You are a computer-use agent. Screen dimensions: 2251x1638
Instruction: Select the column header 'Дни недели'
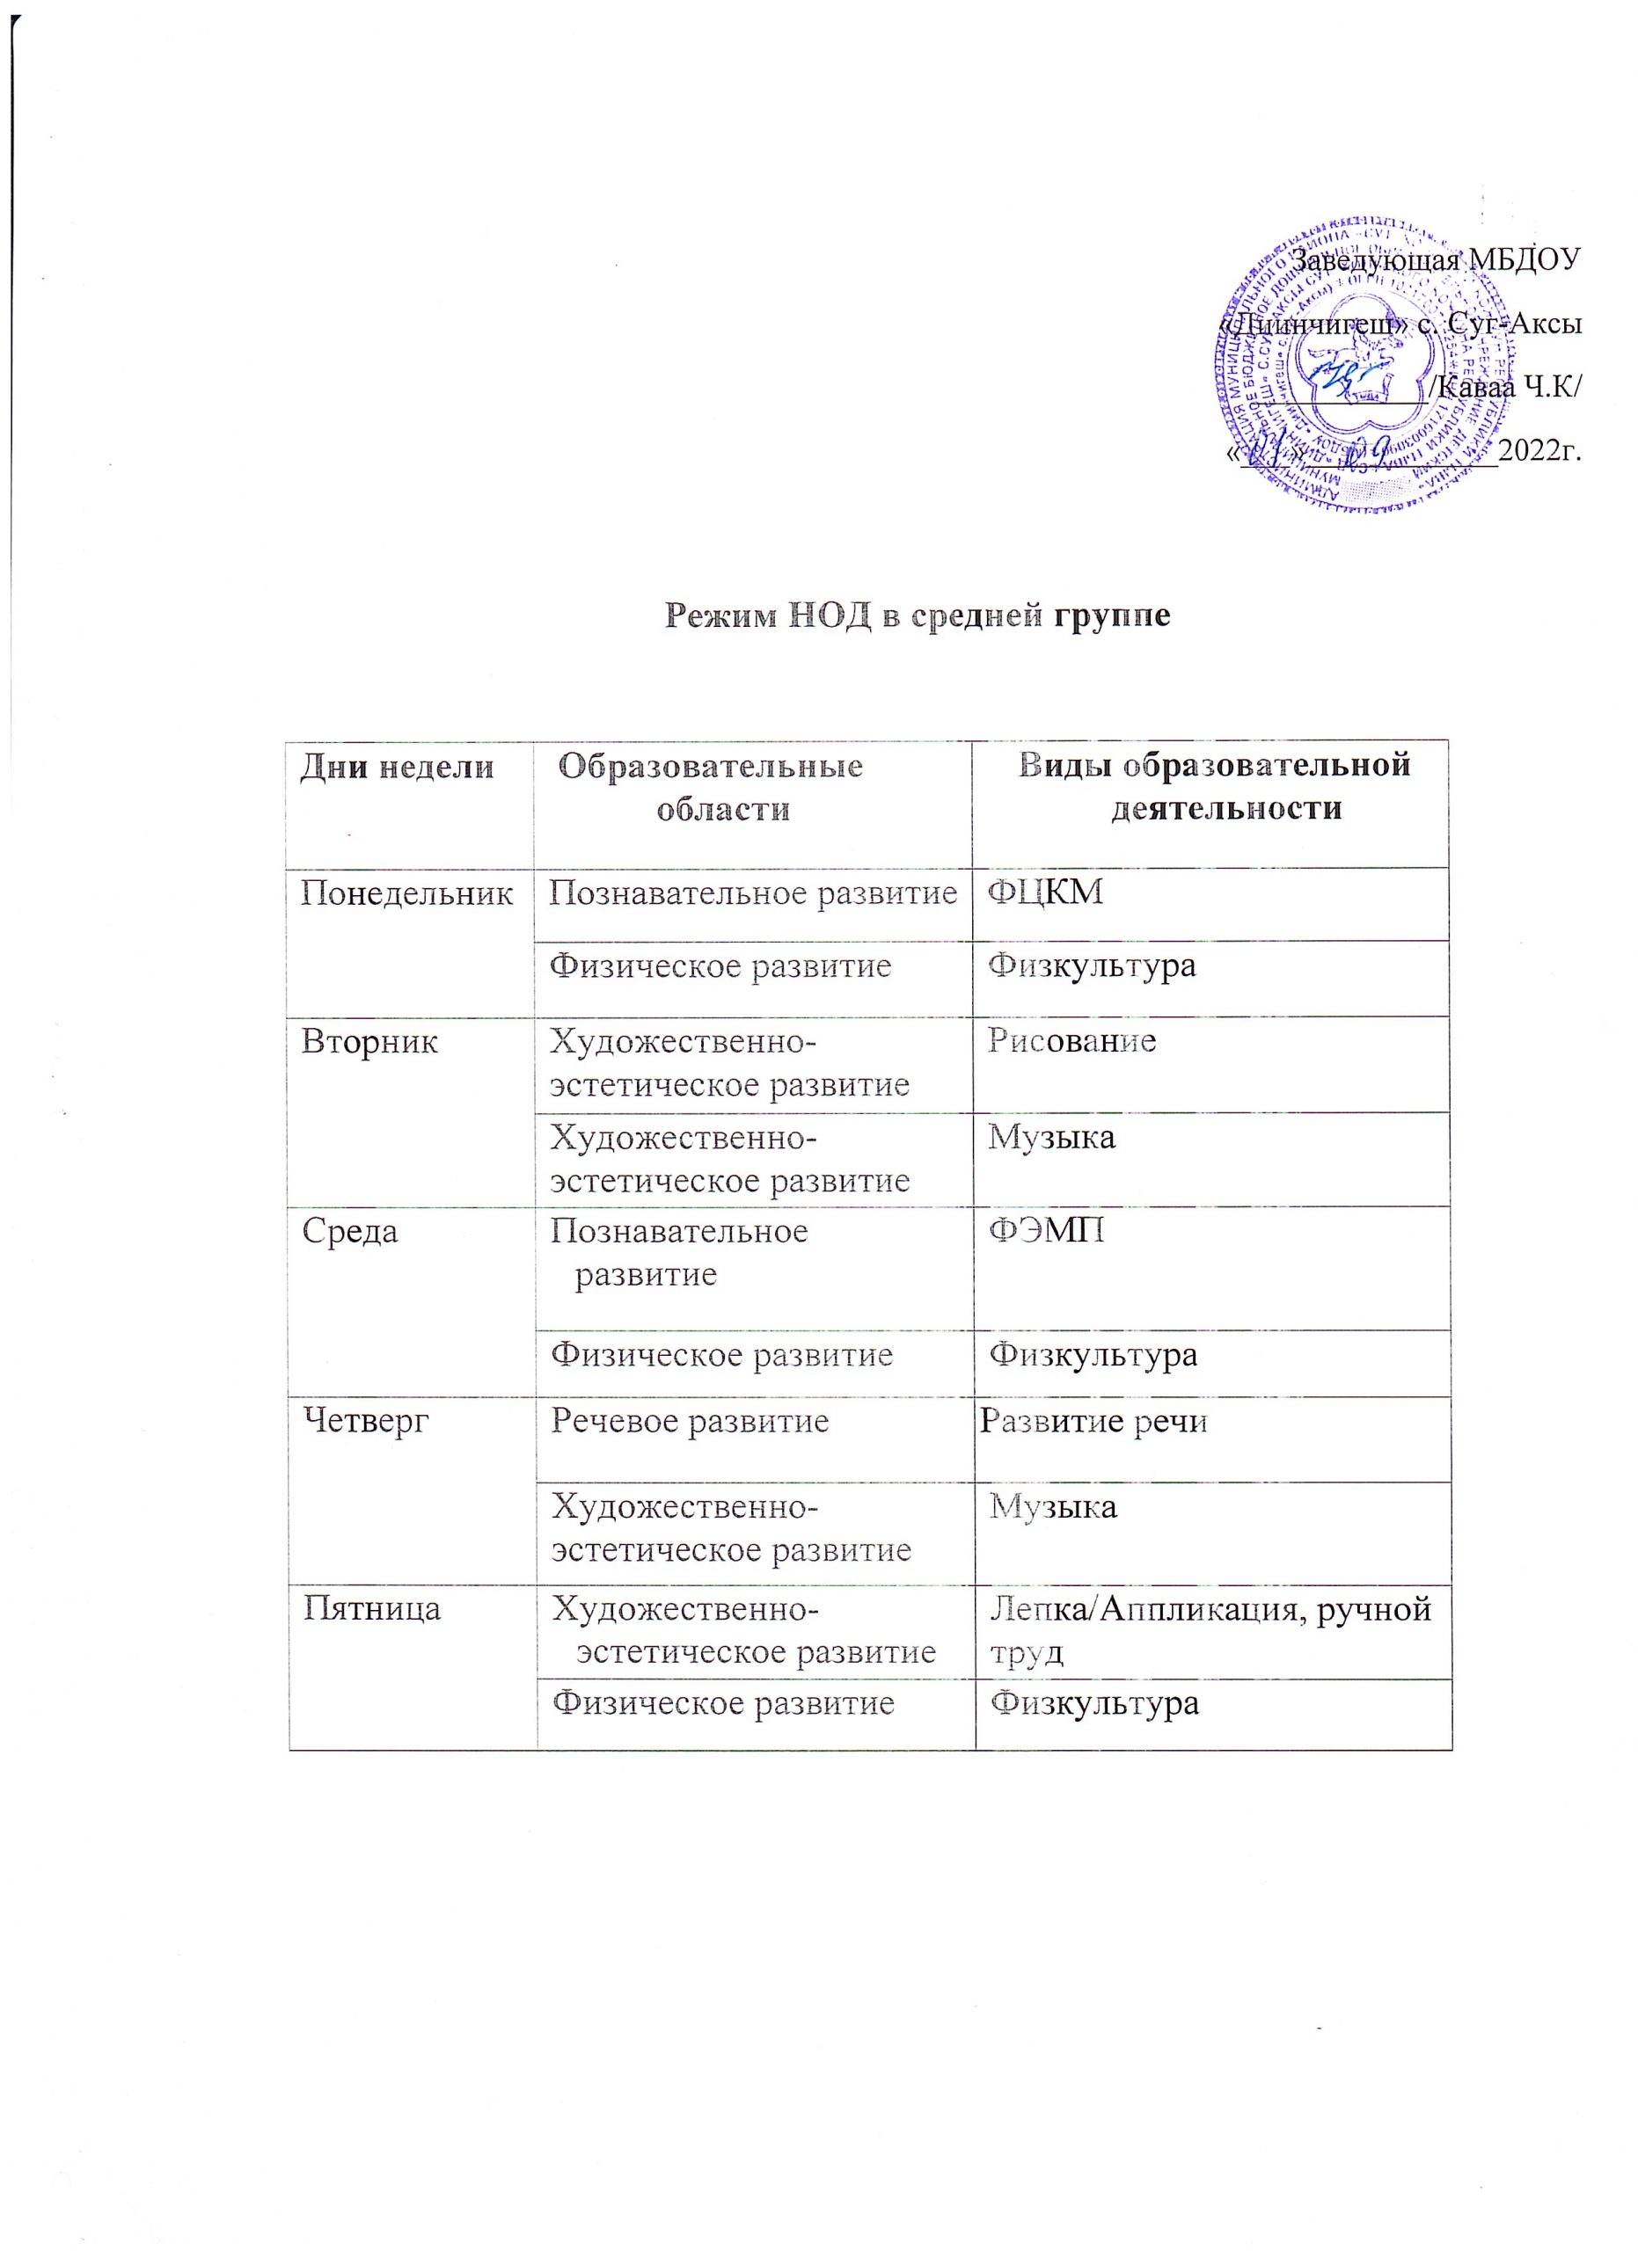point(397,768)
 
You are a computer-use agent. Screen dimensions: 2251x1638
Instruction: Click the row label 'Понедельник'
point(407,894)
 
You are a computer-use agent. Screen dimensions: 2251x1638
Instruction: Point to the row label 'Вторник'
point(369,1043)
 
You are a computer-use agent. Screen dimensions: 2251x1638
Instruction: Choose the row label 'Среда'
point(349,1233)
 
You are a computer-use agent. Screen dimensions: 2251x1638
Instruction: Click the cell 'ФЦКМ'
point(1045,892)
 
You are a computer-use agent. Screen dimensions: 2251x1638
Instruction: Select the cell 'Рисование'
point(1072,1041)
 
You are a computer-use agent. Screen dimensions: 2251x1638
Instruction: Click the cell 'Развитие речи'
point(1094,1422)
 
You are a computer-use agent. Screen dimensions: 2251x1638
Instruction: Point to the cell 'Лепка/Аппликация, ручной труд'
point(1210,1628)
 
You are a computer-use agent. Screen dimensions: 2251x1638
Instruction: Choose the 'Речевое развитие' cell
point(690,1422)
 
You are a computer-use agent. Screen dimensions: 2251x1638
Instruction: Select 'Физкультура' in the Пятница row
point(1095,1704)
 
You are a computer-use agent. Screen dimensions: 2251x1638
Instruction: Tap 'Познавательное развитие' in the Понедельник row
point(752,894)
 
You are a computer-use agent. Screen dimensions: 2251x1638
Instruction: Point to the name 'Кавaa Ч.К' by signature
point(1509,387)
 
